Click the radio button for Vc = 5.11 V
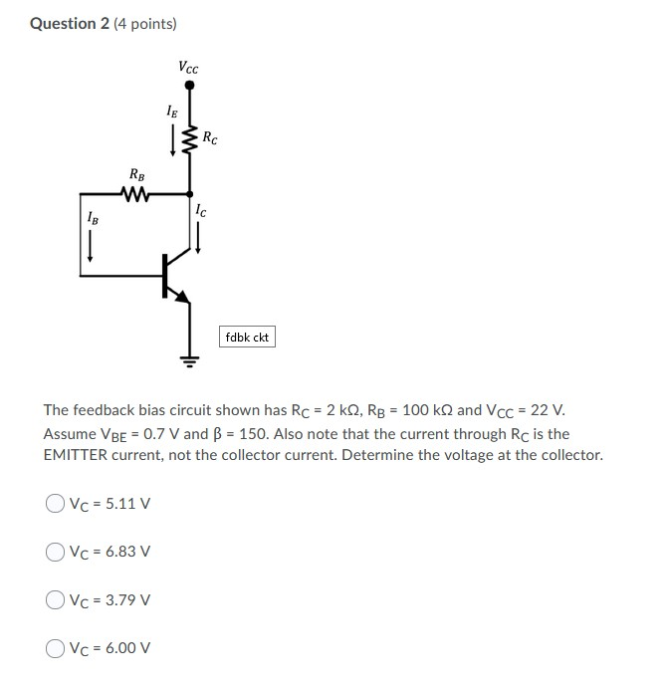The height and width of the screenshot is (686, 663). (x=54, y=503)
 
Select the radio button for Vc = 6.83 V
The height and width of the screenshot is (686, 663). (x=54, y=552)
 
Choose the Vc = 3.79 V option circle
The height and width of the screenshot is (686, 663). (x=54, y=599)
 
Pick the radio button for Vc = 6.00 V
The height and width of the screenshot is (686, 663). (x=54, y=648)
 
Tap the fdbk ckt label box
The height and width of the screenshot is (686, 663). (x=247, y=338)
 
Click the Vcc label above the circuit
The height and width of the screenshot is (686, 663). (x=188, y=68)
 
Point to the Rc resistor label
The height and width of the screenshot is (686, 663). (x=210, y=138)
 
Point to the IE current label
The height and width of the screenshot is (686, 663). (x=171, y=112)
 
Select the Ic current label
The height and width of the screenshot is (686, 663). (x=201, y=210)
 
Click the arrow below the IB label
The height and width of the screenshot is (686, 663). (x=92, y=242)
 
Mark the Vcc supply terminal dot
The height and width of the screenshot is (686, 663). (x=189, y=87)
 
